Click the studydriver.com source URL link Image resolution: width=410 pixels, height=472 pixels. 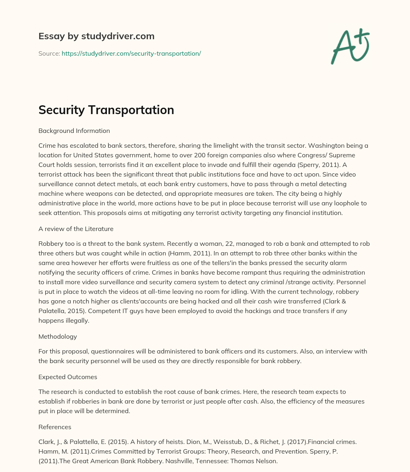click(x=131, y=53)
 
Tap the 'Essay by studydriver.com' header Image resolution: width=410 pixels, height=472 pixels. click(x=96, y=36)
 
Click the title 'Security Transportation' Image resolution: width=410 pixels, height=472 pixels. click(x=106, y=110)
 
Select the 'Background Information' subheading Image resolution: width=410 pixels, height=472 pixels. click(x=74, y=131)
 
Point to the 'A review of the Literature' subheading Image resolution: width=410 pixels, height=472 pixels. click(x=76, y=229)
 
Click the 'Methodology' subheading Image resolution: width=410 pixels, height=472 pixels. click(x=58, y=336)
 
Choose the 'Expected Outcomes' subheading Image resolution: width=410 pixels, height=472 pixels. click(x=68, y=377)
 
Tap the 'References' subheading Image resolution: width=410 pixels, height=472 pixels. click(x=55, y=427)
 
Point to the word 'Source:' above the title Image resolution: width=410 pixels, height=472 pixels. click(x=49, y=53)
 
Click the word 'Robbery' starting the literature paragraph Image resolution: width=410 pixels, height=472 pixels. click(x=50, y=243)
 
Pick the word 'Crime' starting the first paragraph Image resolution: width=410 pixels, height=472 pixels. click(x=47, y=145)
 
